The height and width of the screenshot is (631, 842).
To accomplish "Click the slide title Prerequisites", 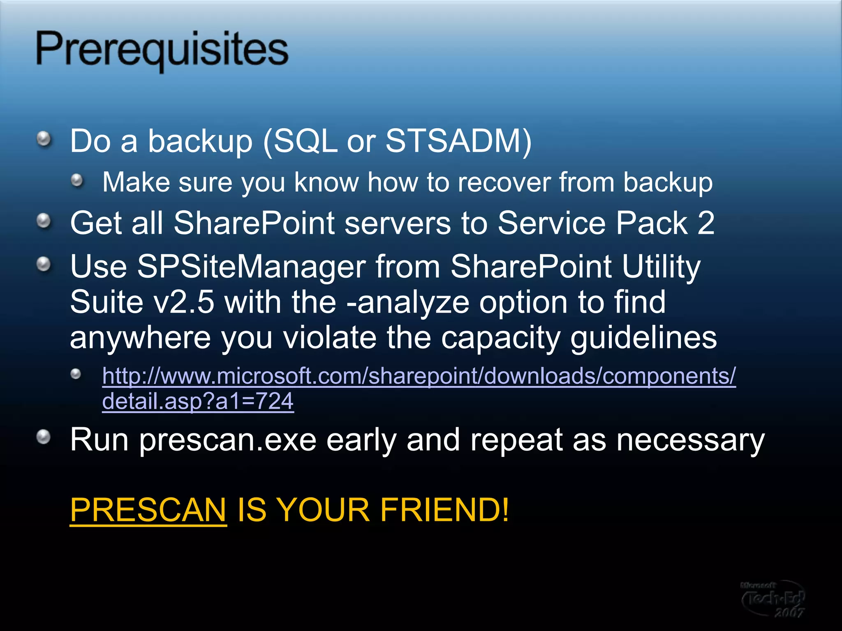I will [x=162, y=50].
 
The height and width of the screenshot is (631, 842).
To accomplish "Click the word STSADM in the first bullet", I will [x=453, y=141].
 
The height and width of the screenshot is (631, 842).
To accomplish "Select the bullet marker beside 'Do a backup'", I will [x=44, y=139].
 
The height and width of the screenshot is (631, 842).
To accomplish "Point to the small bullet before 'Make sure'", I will [x=77, y=180].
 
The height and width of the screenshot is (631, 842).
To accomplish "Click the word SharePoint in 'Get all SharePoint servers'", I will [x=254, y=223].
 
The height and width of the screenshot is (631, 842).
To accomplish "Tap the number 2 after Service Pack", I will [x=706, y=223].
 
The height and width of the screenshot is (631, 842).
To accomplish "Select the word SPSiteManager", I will [x=251, y=267].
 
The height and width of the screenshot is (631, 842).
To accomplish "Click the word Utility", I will [x=661, y=267].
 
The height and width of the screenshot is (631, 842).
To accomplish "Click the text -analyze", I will [x=408, y=302].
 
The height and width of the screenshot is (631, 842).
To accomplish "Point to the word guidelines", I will [x=643, y=338].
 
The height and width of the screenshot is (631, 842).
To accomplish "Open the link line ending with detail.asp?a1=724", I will [x=198, y=401].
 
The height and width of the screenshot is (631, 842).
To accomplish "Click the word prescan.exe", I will [x=228, y=440].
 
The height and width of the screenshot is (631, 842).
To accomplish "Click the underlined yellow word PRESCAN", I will [x=148, y=509].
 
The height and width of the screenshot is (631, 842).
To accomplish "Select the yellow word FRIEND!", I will [x=444, y=509].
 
